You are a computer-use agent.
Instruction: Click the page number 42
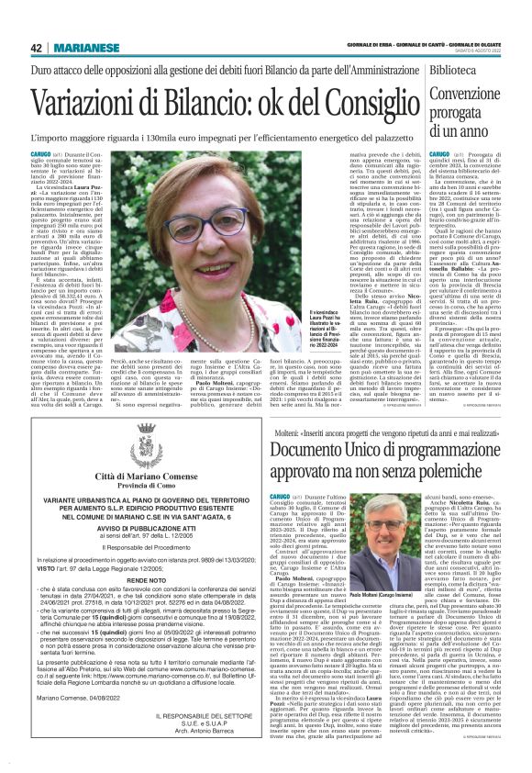(x=36, y=48)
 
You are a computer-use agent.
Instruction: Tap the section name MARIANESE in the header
(x=82, y=48)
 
